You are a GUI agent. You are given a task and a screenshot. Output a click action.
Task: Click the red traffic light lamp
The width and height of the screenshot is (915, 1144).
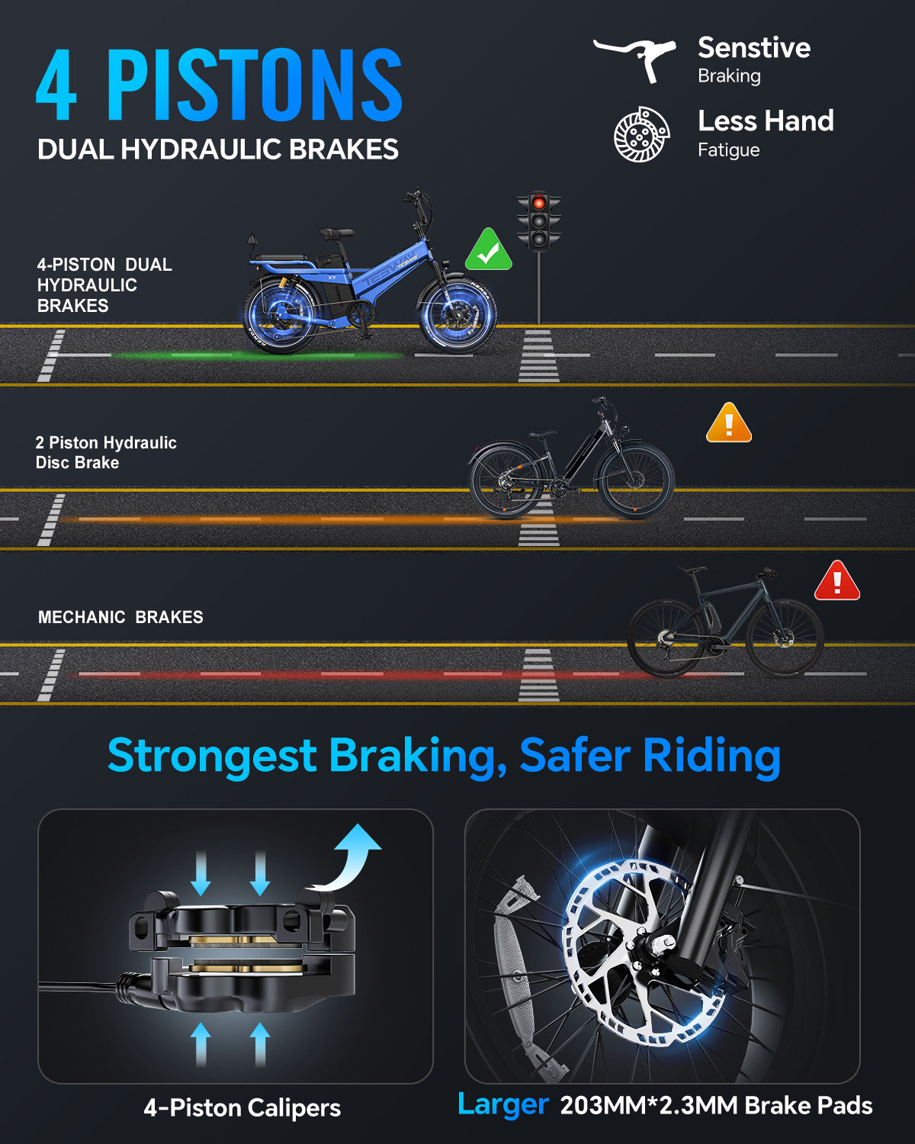coord(538,203)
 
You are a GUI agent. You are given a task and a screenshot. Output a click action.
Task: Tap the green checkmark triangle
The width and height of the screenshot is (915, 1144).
coord(488,251)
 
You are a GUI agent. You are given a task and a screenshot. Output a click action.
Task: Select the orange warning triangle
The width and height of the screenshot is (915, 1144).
coord(728,423)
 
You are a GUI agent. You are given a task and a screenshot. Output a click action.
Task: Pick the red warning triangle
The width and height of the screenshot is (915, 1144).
coord(837,581)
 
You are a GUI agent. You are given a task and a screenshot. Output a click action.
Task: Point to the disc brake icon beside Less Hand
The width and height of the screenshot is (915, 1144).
coord(641,134)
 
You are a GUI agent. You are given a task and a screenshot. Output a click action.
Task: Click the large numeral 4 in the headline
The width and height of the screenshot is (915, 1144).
coord(56,85)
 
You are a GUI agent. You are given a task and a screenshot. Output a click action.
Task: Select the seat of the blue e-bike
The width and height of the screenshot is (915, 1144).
coord(336,233)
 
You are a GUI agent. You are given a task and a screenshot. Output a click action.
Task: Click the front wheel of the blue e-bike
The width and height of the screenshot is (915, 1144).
coord(457,315)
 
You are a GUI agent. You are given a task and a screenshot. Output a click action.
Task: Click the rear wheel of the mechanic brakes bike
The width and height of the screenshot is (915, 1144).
coord(666,638)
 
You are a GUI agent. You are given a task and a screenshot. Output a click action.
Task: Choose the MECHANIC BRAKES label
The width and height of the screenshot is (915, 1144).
coord(120,617)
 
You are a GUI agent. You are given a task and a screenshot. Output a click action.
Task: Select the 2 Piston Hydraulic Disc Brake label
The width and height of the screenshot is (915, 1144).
coord(106,452)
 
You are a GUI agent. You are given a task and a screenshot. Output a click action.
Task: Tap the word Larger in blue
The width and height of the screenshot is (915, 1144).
coord(502,1104)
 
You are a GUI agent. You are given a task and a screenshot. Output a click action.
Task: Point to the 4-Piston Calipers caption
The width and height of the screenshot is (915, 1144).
coord(242,1108)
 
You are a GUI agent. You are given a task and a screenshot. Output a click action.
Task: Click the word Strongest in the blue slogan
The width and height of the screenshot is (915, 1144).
coord(212,756)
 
